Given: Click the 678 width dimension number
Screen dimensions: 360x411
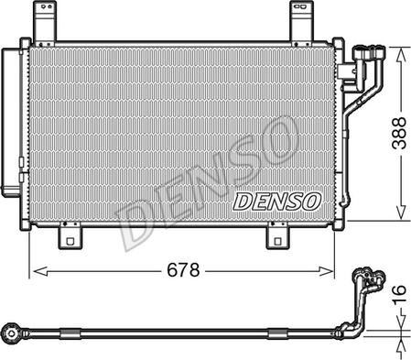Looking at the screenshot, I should coord(184,270).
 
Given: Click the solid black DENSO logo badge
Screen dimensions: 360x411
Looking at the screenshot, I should coord(276,200).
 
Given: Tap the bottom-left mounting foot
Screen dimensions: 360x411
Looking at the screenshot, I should coord(71,237).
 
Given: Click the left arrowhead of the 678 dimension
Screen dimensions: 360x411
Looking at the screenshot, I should coord(37,270).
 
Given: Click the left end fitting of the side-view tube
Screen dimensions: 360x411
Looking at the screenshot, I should coord(14,329).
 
